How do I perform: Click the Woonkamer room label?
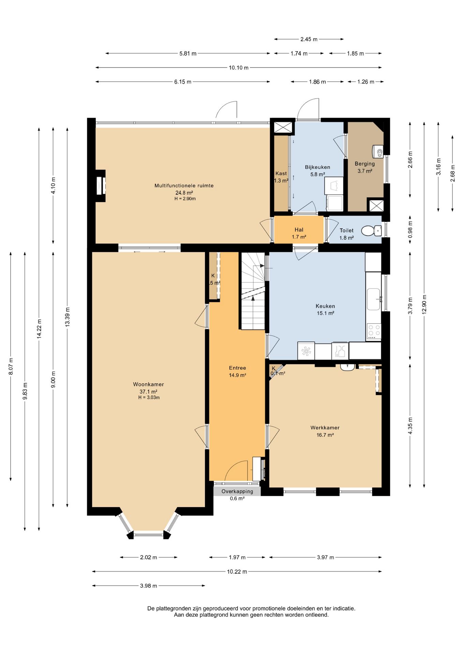148,384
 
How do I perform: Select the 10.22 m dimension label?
237,571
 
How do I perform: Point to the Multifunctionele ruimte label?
184,186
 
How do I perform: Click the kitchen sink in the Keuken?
373,299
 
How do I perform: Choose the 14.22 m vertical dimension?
39,329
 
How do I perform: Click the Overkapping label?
237,491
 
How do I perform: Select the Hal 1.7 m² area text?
299,237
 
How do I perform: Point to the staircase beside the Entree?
253,291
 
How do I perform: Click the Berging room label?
364,164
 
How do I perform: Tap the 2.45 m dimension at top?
309,39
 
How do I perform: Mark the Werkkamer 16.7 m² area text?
325,435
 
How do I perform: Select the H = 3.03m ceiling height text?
149,397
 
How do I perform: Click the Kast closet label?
281,173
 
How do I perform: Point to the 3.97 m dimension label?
325,557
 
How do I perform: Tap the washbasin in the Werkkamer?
347,367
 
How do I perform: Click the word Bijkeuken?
317,167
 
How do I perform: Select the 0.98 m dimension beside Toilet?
410,230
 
